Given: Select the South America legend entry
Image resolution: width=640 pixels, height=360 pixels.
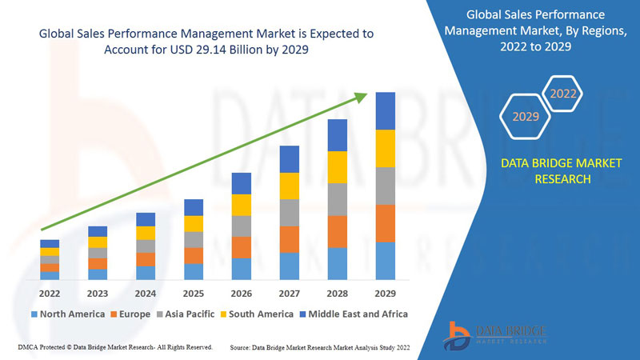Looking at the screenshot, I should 258,314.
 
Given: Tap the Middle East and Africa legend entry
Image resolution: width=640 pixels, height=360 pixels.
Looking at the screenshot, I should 352,314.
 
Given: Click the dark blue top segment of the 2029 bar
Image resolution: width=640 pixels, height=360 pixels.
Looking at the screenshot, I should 386,110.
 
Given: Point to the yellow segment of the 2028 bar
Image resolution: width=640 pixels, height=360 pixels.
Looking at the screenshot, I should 338,166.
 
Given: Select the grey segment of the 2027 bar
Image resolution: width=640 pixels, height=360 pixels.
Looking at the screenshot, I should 290,212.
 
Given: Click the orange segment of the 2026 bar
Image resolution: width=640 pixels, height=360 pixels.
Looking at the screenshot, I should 242,247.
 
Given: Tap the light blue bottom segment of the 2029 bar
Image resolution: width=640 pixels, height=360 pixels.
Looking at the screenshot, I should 386,261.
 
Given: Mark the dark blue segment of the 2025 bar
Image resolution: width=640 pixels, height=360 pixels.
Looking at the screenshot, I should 194,207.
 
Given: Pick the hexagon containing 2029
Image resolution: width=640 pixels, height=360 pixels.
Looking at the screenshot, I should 526,117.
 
